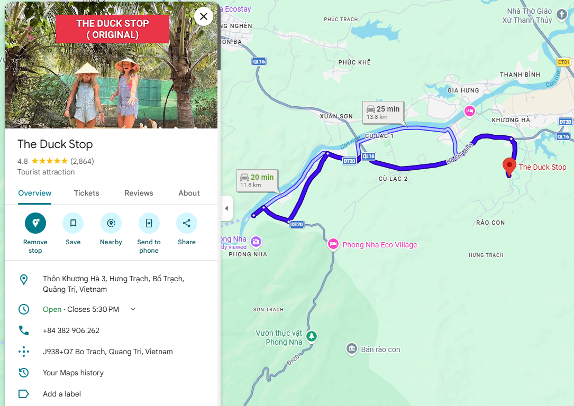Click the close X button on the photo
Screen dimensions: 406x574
click(204, 16)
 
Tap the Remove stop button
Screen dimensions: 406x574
click(35, 223)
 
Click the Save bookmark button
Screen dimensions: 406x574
click(73, 223)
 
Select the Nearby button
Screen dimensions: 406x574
click(111, 223)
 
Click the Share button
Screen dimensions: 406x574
click(187, 223)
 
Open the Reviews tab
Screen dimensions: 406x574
click(139, 193)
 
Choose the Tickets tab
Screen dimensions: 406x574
click(87, 193)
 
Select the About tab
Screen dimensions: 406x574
click(189, 193)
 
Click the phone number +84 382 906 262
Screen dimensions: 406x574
click(71, 330)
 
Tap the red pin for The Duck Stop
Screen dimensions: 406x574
click(509, 165)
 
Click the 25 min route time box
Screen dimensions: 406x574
click(383, 112)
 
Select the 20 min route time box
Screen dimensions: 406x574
click(257, 180)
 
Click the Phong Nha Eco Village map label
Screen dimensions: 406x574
click(379, 245)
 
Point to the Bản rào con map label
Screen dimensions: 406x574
click(380, 349)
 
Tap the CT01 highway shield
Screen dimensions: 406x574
click(564, 62)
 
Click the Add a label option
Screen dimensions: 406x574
click(62, 394)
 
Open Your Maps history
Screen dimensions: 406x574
click(73, 373)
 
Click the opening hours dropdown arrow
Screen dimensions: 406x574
click(133, 309)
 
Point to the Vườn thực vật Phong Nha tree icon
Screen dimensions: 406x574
click(312, 336)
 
